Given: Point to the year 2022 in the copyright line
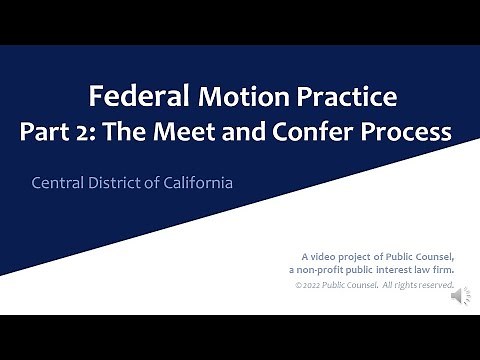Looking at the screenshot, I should click(x=315, y=286).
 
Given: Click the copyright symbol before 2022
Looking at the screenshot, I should click(x=298, y=286).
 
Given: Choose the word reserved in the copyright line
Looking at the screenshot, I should click(x=434, y=286).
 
